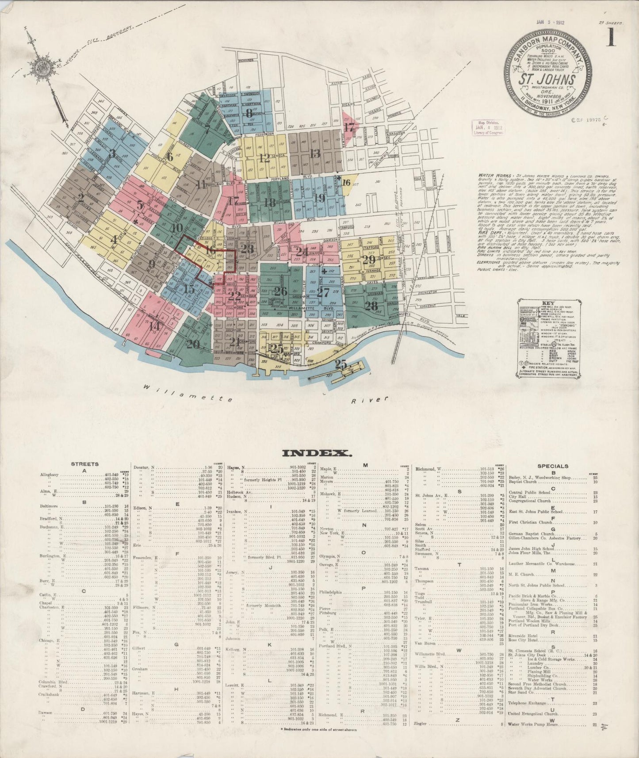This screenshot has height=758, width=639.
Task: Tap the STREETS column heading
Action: point(84,464)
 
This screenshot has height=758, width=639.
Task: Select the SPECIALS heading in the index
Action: point(553,466)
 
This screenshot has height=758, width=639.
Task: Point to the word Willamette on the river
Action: point(187,393)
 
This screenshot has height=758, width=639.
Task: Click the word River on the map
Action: point(370,400)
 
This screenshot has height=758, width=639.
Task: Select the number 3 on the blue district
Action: point(113,153)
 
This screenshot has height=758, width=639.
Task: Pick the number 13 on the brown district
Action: point(315,153)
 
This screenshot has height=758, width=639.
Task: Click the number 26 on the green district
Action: point(280,291)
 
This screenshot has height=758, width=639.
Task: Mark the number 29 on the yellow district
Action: point(368,260)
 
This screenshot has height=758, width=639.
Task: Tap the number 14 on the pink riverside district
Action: point(154,326)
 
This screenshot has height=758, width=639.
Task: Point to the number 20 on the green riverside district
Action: point(193,344)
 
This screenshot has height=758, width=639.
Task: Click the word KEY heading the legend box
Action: point(547,303)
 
